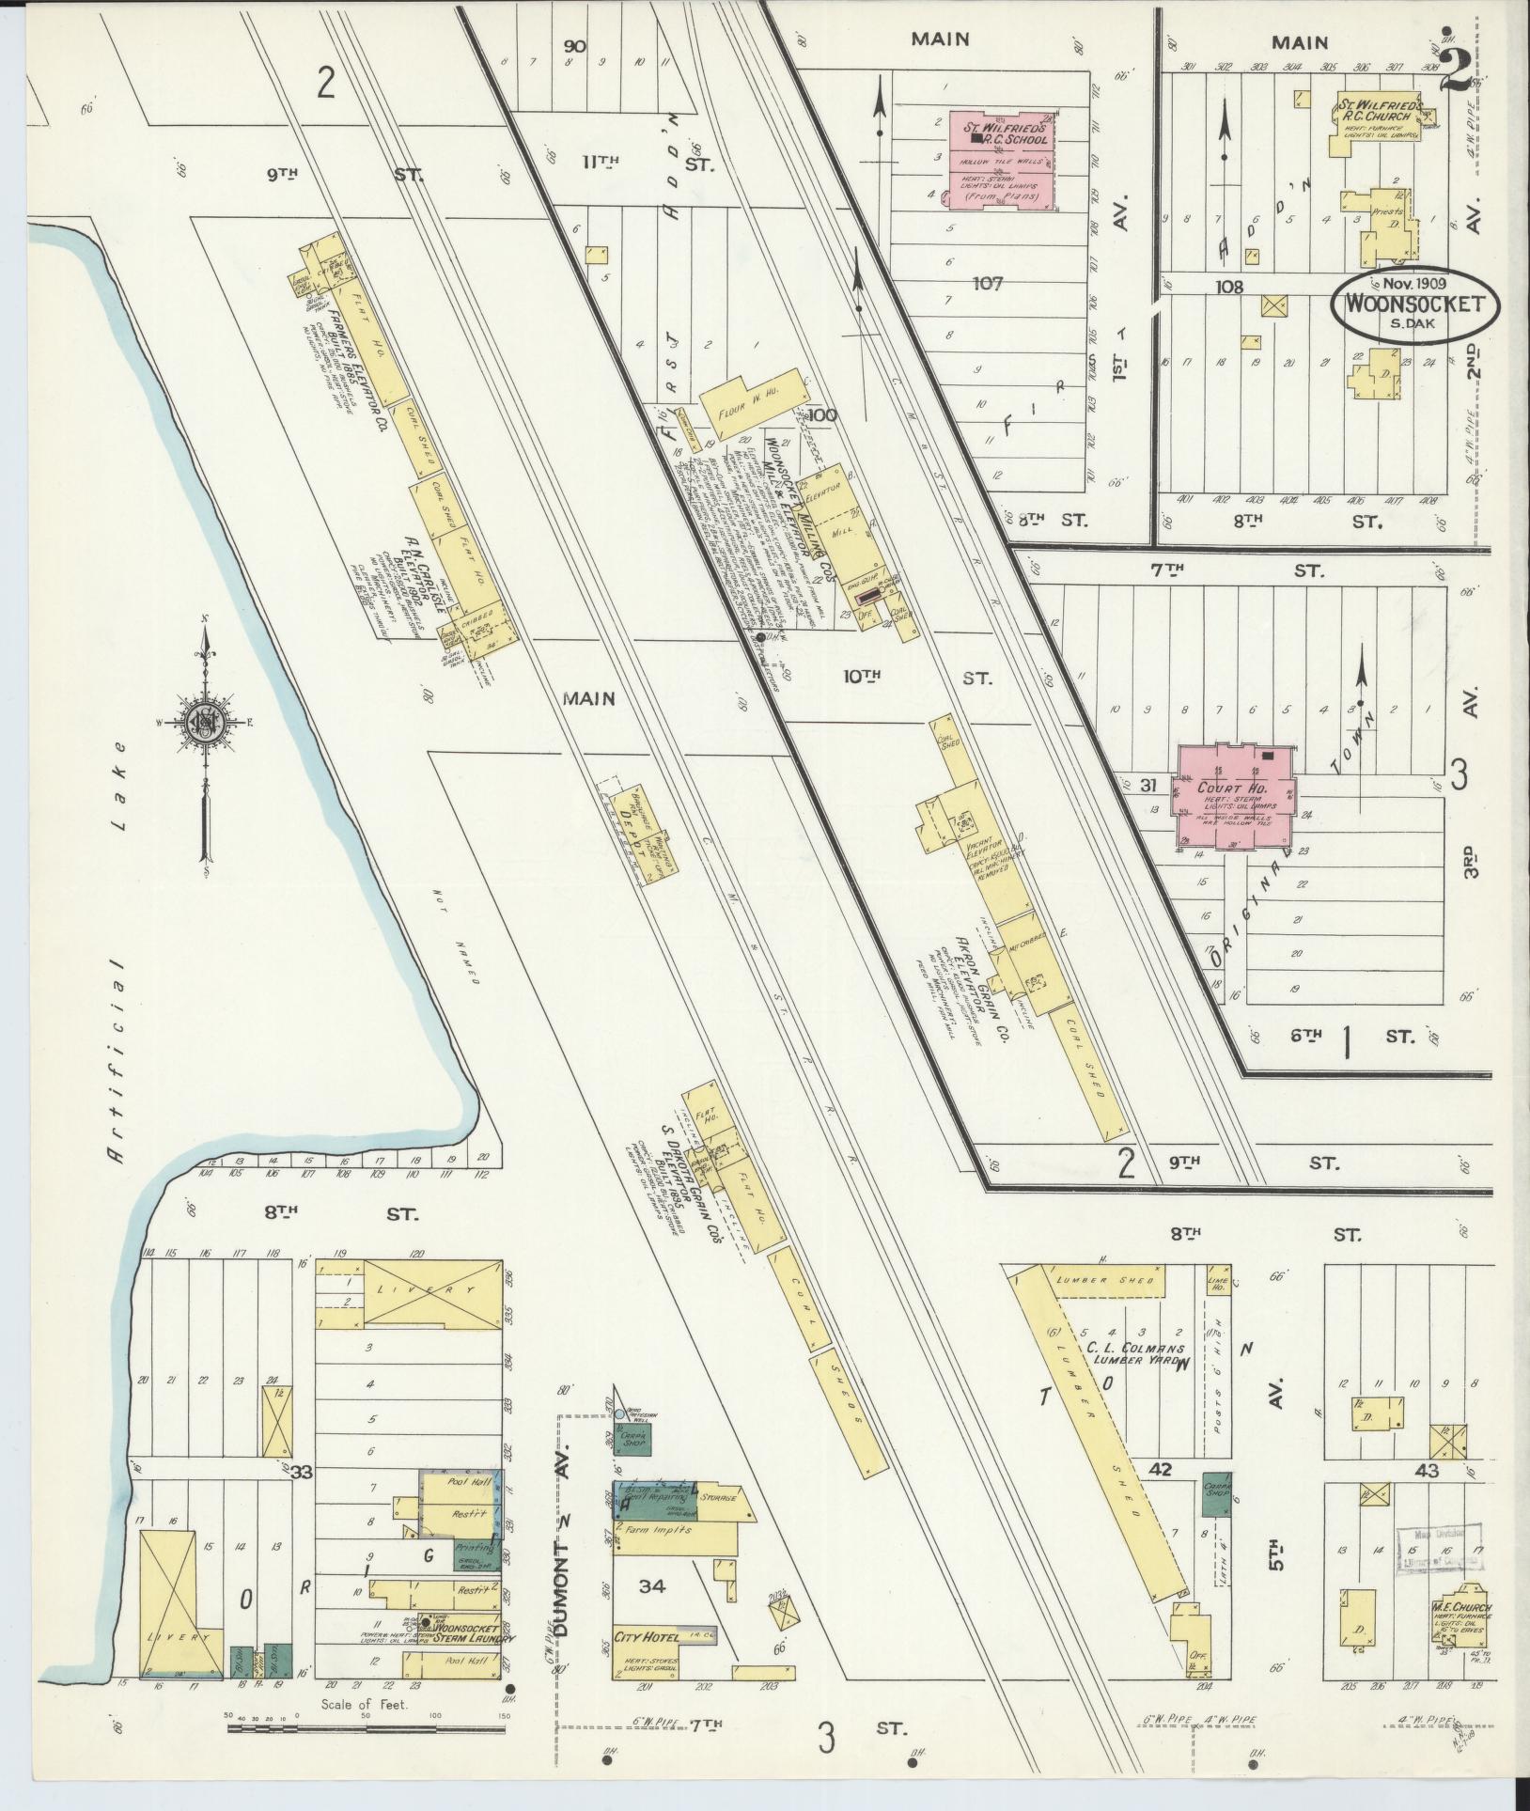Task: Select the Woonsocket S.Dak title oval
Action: [x=1413, y=306]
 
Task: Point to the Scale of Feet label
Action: [x=364, y=1703]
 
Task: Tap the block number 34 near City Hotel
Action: [x=652, y=1587]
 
